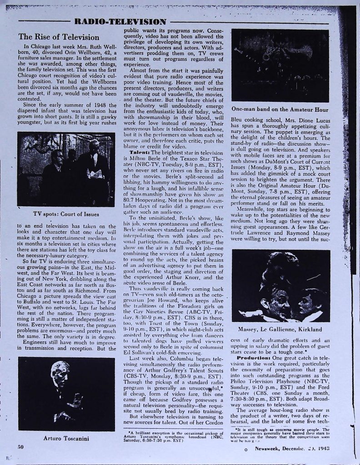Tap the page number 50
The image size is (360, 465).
20,447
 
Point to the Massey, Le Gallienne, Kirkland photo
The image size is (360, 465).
286,286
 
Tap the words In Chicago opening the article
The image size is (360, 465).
35,46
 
